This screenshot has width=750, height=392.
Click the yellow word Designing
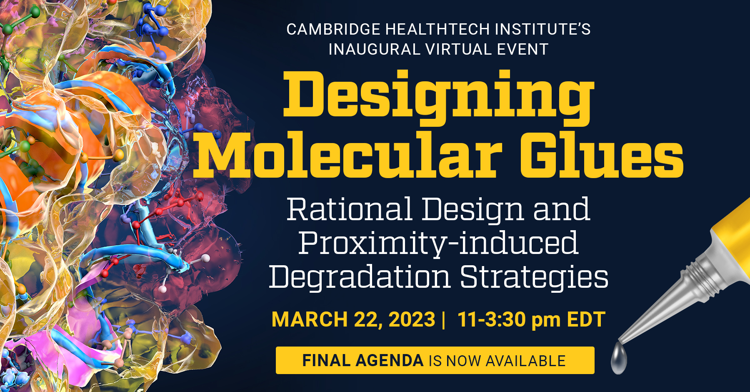pyautogui.click(x=438, y=98)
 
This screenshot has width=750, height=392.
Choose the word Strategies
pyautogui.click(x=534, y=277)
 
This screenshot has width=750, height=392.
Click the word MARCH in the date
pyautogui.click(x=310, y=319)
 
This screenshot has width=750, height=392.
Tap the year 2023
pyautogui.click(x=412, y=319)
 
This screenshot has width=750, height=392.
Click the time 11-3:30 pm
pyautogui.click(x=509, y=320)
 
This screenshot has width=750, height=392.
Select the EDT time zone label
pyautogui.click(x=586, y=319)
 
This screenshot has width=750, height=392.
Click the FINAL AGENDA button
pyautogui.click(x=435, y=360)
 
